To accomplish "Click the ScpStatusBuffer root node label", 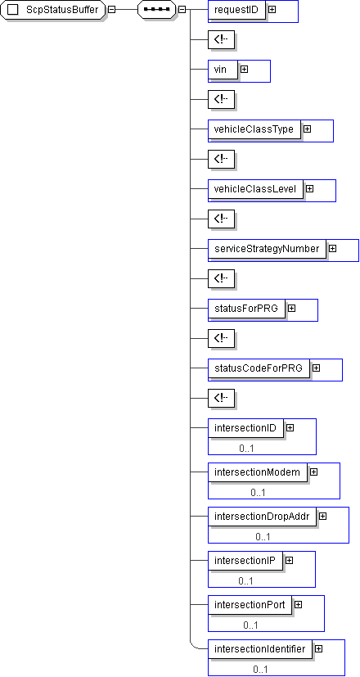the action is point(62,10).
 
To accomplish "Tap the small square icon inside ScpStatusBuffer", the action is point(13,10).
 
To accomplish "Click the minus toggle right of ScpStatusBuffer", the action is point(111,10).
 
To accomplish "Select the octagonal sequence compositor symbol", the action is point(157,10).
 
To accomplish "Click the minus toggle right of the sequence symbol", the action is point(182,10).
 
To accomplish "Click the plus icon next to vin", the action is point(245,69).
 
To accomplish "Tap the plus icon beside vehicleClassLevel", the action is point(309,188).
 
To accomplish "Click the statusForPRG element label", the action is point(246,309).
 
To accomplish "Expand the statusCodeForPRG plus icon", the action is point(317,368).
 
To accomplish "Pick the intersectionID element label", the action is point(245,428).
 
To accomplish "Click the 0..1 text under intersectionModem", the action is point(258,493).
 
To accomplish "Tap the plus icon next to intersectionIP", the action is point(289,561).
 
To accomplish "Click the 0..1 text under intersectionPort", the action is point(250,625).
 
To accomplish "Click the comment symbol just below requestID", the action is point(221,39).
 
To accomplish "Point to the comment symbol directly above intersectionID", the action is point(221,398).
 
